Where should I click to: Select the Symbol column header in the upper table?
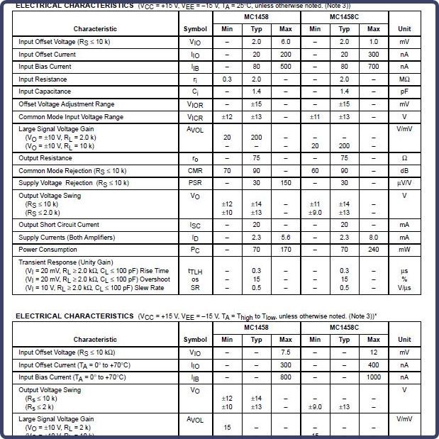point(195,29)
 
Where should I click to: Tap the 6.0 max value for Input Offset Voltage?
point(285,42)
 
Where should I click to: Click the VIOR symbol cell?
point(195,104)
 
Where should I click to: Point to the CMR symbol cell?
point(195,171)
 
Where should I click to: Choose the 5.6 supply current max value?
point(285,237)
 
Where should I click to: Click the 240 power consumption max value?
point(374,250)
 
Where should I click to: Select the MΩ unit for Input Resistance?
point(404,79)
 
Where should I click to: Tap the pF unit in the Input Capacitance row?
point(404,91)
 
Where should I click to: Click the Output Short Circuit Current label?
point(59,225)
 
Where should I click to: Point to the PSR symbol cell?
point(195,183)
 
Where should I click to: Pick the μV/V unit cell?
point(404,183)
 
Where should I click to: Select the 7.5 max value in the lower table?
point(285,352)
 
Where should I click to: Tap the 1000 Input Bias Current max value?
point(374,377)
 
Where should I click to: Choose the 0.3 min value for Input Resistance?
point(227,79)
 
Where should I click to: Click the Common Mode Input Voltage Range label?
point(71,116)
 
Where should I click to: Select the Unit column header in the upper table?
point(404,29)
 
